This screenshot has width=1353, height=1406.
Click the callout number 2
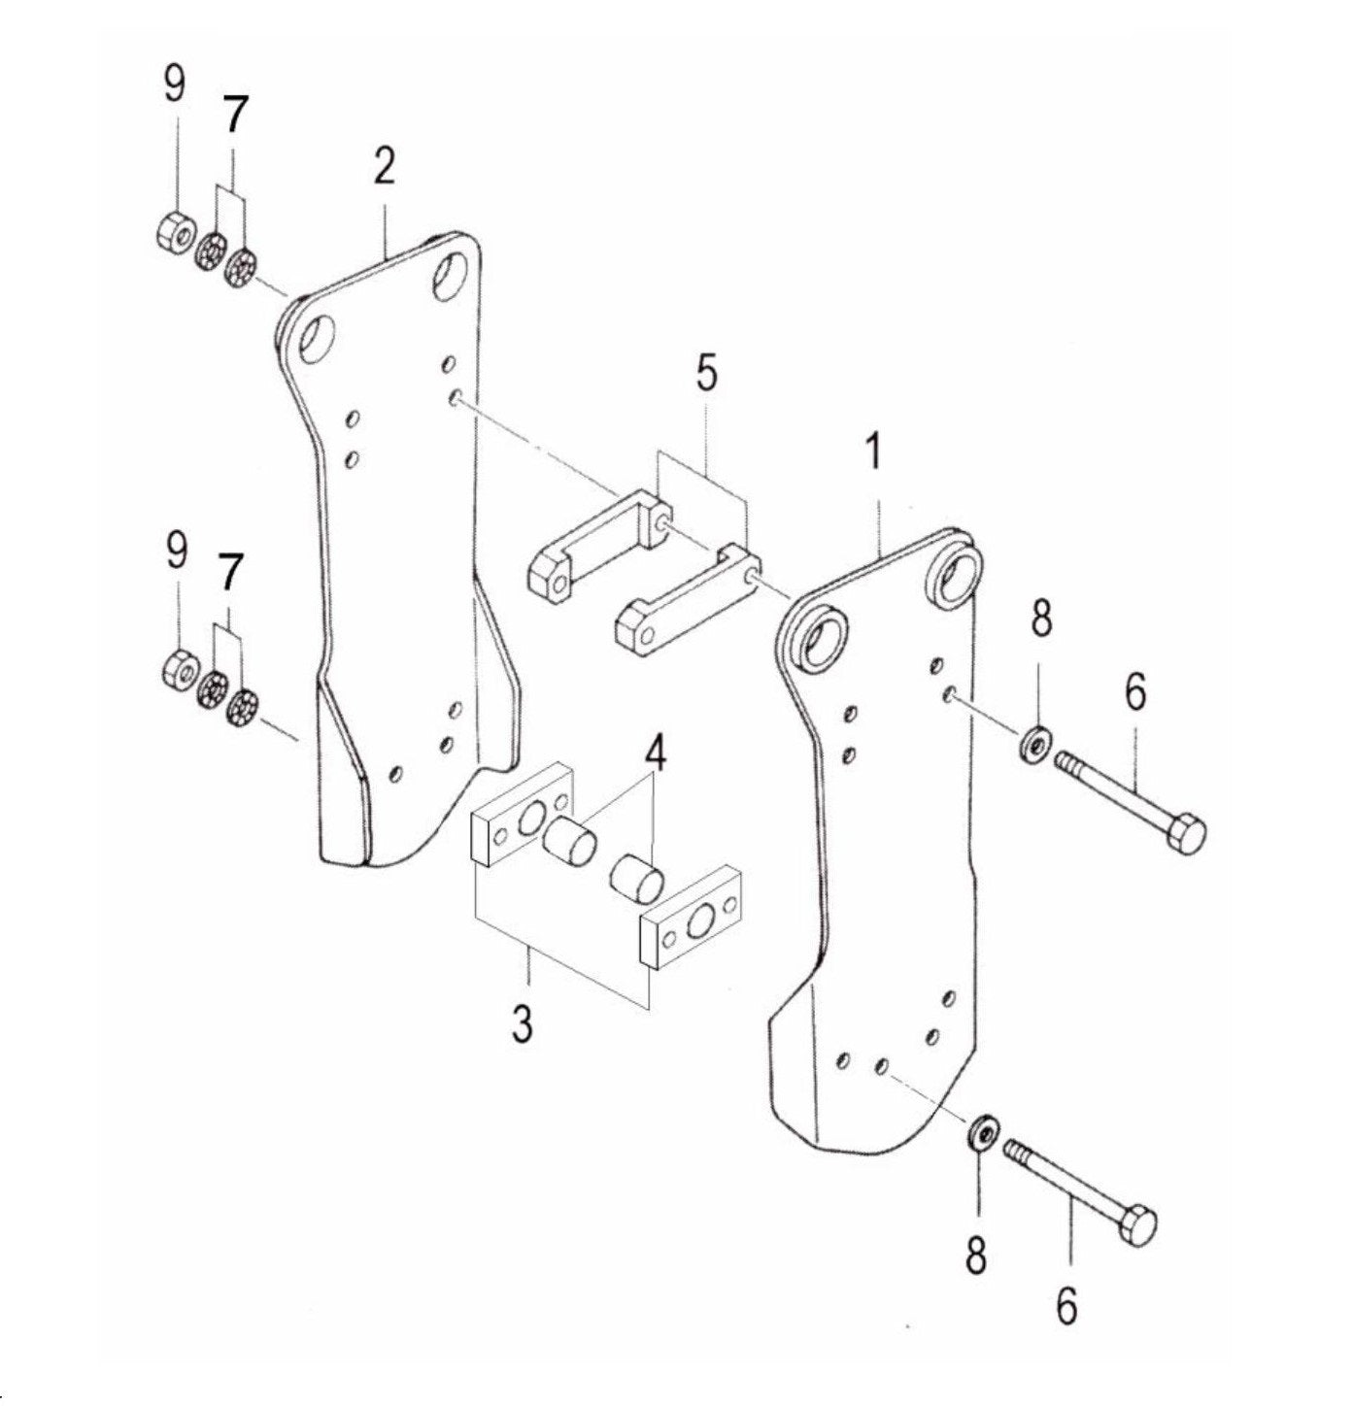pos(384,167)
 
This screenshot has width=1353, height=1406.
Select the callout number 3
pos(524,1022)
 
